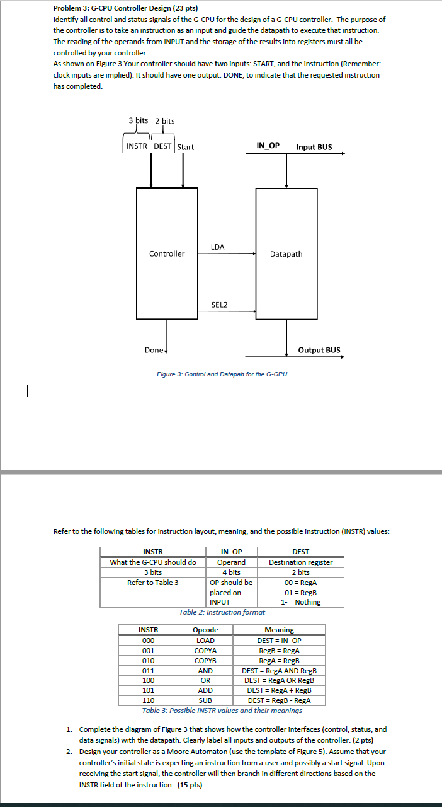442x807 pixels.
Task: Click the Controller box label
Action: click(x=167, y=254)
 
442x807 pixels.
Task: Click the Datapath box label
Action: click(x=286, y=254)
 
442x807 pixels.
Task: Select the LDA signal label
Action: click(x=217, y=247)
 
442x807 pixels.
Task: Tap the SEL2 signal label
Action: click(x=219, y=305)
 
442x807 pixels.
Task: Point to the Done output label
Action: click(x=154, y=350)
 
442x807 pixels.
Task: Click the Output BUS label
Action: click(x=319, y=350)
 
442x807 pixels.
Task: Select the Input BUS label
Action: click(x=314, y=147)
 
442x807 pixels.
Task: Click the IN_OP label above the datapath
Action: click(x=268, y=146)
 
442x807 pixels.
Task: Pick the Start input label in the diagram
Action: click(x=186, y=147)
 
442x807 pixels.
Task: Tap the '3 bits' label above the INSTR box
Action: click(x=138, y=120)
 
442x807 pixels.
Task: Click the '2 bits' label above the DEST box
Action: click(x=165, y=120)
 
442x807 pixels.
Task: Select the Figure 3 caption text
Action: click(x=222, y=374)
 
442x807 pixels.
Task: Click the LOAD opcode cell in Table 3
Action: click(x=205, y=641)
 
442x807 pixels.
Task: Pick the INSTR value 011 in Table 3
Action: click(x=149, y=671)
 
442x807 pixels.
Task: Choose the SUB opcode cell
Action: click(x=205, y=700)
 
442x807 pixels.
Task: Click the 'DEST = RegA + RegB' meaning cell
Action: click(x=279, y=690)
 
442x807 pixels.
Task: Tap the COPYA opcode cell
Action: click(x=205, y=651)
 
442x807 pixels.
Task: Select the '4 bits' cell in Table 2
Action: click(x=231, y=572)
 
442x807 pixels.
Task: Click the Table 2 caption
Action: click(x=222, y=612)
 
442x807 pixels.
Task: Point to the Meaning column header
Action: click(x=279, y=630)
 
